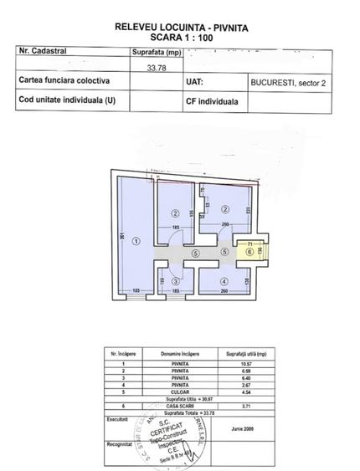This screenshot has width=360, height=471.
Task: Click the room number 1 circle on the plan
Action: tap(136, 241)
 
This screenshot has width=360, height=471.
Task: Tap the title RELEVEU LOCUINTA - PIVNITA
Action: tap(175, 27)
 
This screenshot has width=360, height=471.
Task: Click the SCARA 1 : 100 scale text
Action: tap(175, 37)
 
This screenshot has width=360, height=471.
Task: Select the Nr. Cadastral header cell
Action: tap(43, 51)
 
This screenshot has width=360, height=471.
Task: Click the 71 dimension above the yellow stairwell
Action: tap(249, 241)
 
